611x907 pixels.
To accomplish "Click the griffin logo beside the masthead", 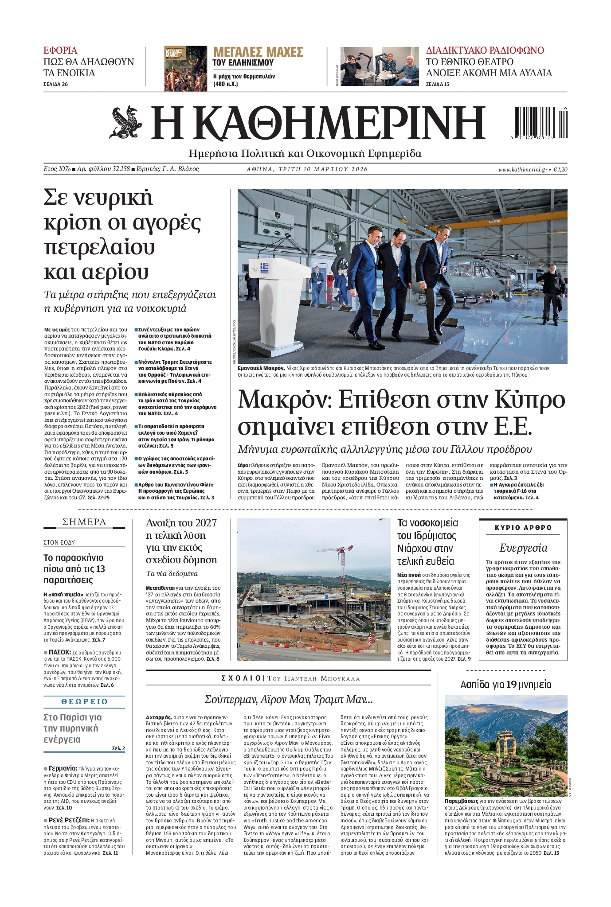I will [126, 122].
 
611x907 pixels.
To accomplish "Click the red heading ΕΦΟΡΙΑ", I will [60, 50].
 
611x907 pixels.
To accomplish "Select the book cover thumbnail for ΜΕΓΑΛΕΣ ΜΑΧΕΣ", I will [185, 68].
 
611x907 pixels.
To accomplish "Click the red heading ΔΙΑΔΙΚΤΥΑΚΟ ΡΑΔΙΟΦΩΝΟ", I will [485, 50].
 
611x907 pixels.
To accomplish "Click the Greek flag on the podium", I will [264, 268].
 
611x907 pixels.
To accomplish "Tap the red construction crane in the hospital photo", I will [341, 560].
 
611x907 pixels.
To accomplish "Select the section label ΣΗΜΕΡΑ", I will [84, 522].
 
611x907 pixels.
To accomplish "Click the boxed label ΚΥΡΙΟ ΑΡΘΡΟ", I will [523, 528].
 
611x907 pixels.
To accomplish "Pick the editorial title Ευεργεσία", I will [523, 548].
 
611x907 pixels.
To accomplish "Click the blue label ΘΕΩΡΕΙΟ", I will [84, 701].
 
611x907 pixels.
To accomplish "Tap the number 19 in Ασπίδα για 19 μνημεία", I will [512, 685].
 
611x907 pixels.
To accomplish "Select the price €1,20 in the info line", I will [560, 169].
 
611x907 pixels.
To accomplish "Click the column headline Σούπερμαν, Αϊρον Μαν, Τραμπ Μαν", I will [288, 700].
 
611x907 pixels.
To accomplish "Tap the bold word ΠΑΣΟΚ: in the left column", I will [60, 652].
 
